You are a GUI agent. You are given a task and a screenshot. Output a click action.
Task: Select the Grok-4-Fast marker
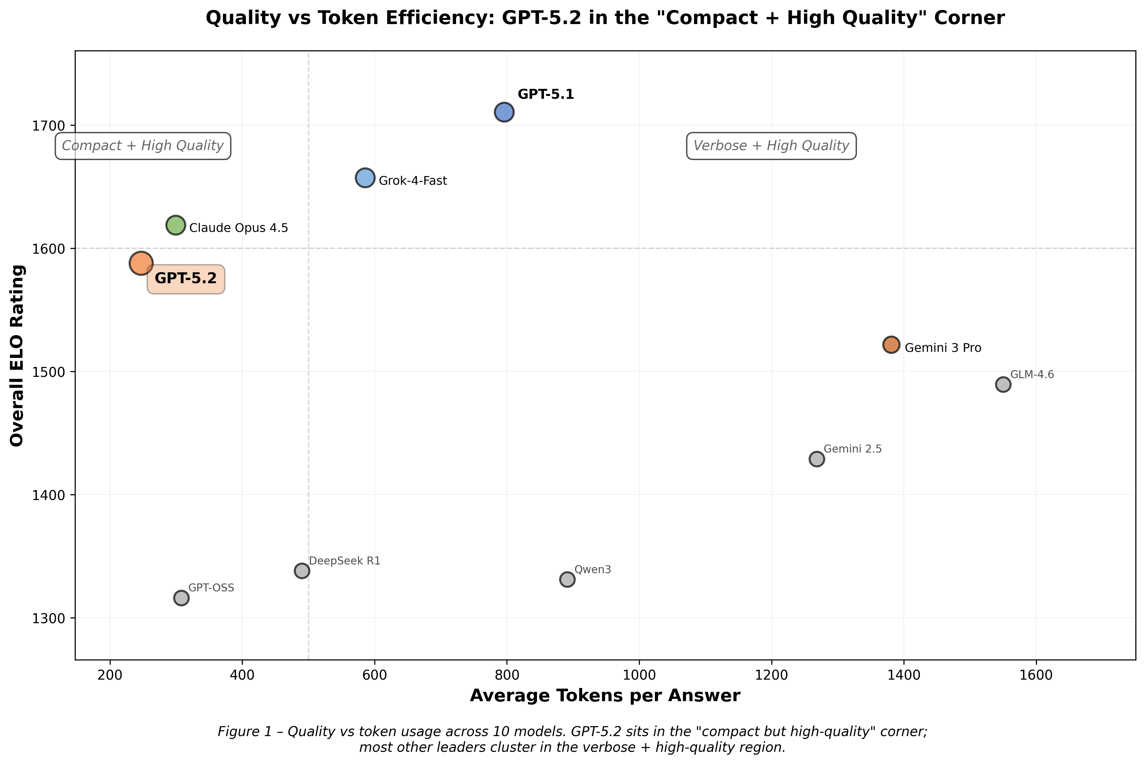(365, 178)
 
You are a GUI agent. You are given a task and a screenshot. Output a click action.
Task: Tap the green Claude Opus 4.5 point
(176, 225)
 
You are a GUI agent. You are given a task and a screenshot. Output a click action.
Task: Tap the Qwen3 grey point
(567, 579)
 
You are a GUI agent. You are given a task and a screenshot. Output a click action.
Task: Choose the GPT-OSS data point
(181, 598)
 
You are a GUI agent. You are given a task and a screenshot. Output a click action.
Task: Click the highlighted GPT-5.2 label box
(186, 279)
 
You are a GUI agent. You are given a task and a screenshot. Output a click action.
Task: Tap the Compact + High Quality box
(143, 146)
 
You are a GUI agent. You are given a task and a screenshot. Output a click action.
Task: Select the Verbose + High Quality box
(771, 146)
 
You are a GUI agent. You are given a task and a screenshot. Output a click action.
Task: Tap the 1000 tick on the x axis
(639, 675)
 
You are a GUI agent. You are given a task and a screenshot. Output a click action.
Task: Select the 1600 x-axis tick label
(1036, 675)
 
